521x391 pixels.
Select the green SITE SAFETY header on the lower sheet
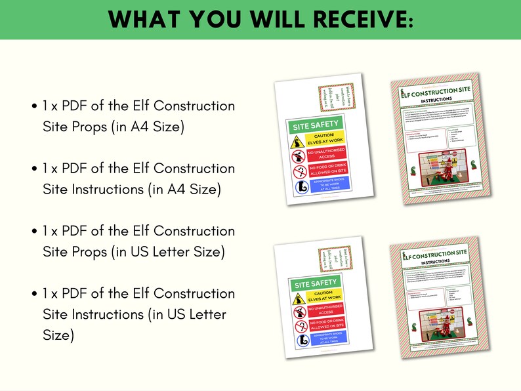316,284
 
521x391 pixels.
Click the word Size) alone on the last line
58,335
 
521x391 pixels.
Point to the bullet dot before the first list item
33,106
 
